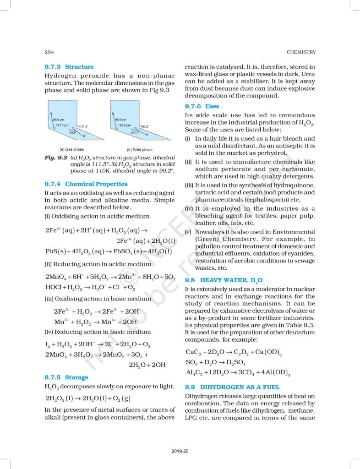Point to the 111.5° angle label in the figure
point(84,126)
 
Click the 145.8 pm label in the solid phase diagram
point(124,125)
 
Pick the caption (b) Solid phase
point(140,150)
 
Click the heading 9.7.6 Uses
point(202,106)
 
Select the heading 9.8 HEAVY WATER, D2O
point(224,279)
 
